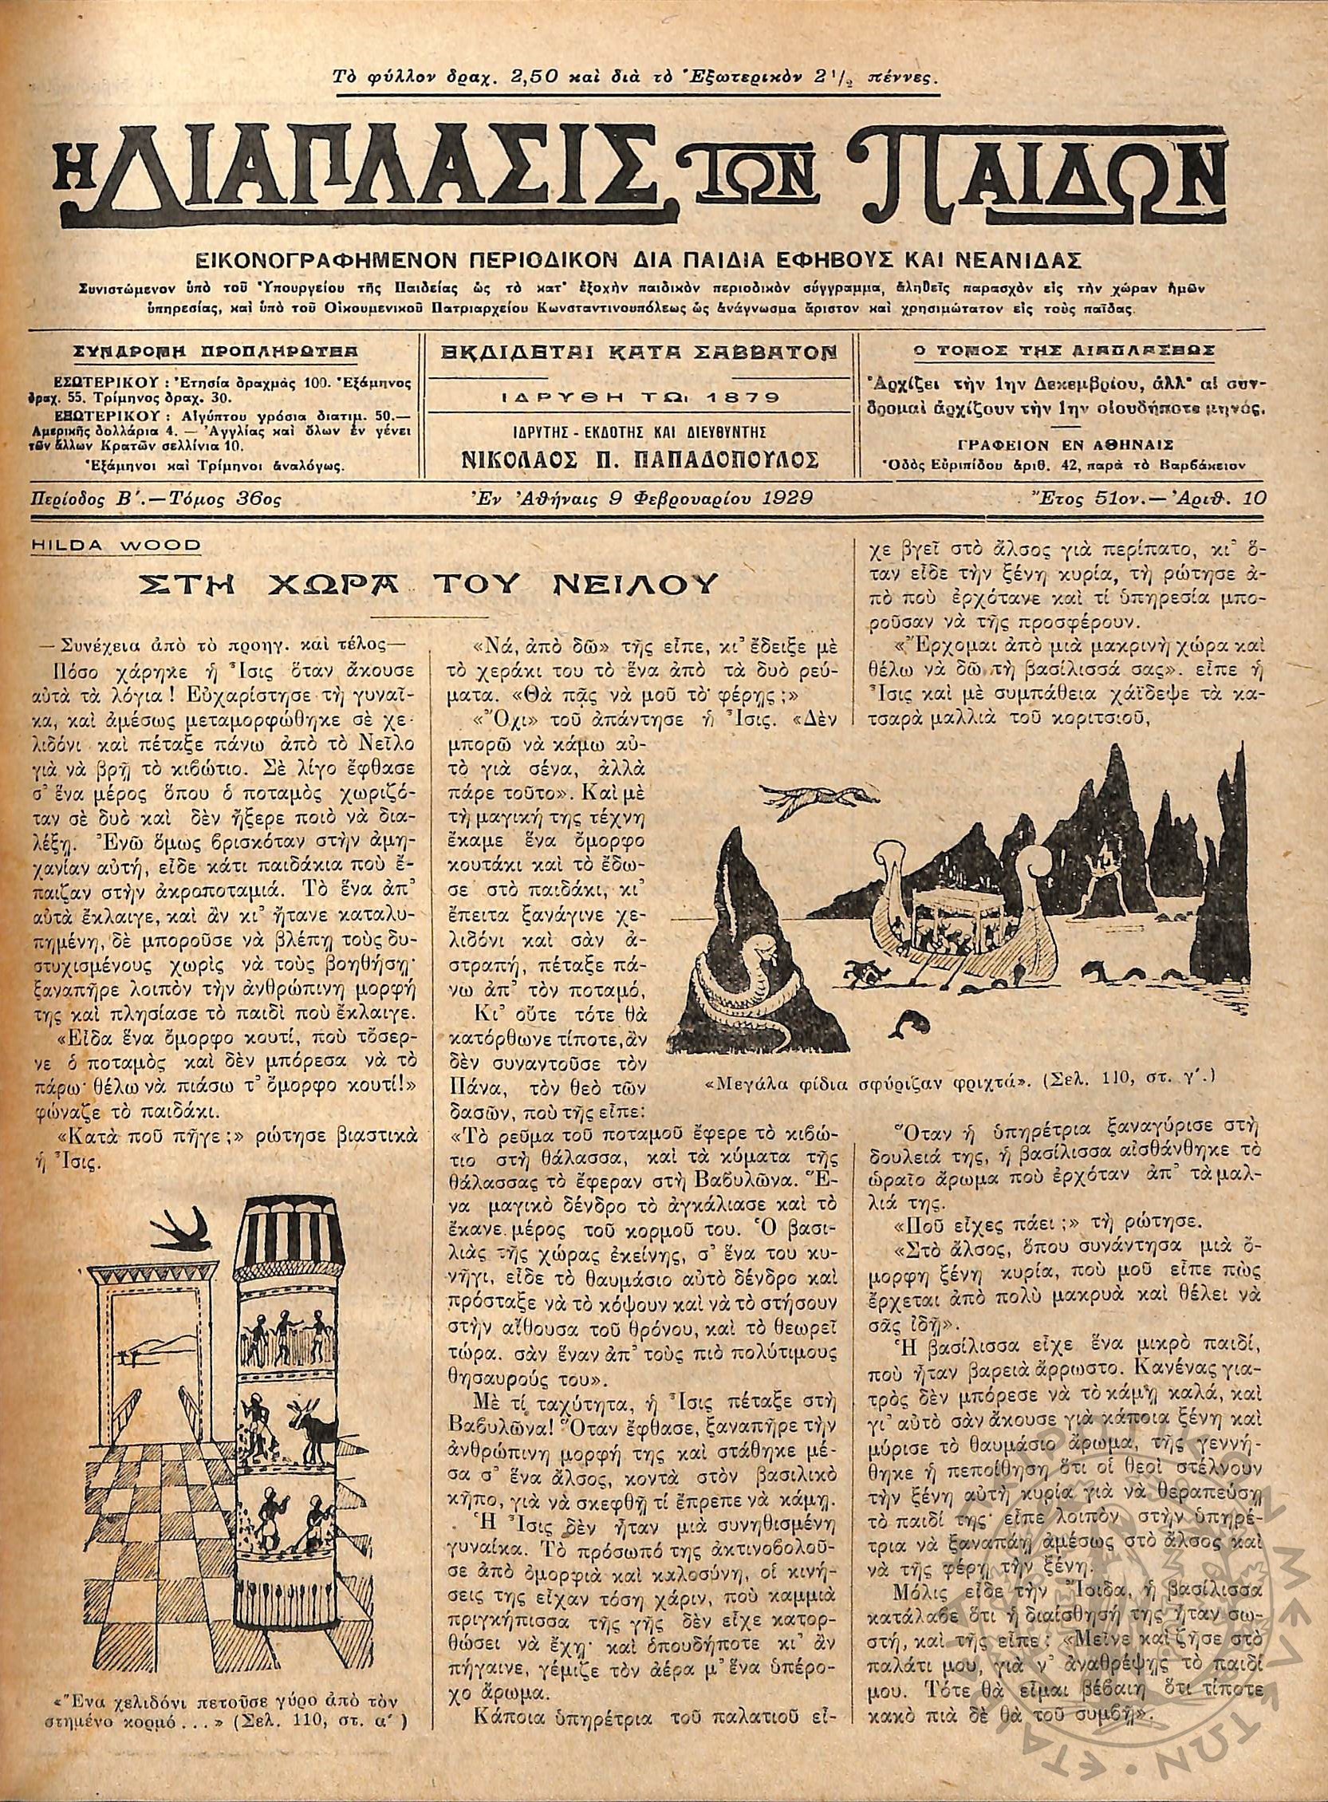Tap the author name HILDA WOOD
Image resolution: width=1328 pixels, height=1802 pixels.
pyautogui.click(x=117, y=544)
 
